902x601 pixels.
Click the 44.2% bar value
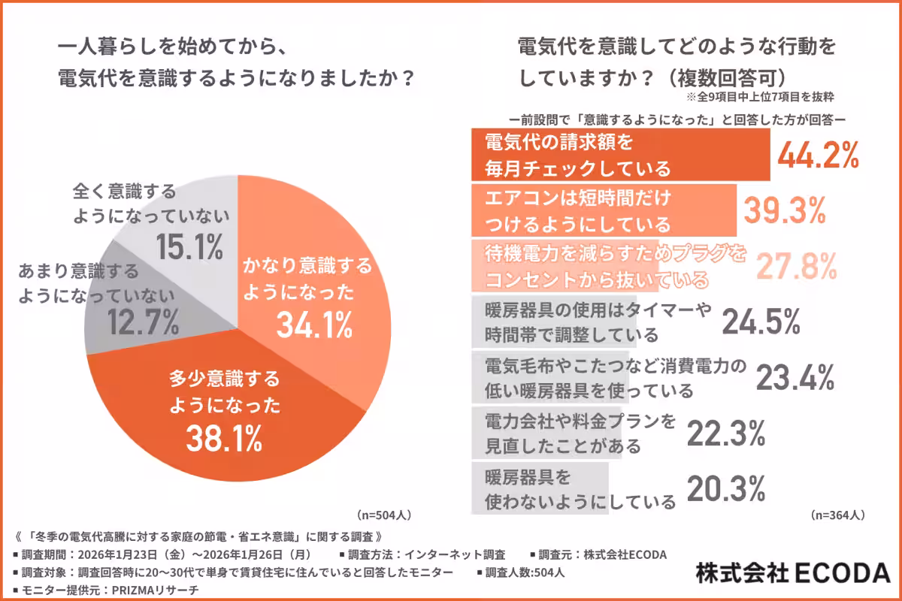[818, 156]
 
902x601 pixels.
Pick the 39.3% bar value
[784, 213]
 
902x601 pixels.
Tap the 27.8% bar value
[796, 266]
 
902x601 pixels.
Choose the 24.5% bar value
[760, 322]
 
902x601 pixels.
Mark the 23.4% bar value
[795, 378]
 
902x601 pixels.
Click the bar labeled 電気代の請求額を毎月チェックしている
[620, 155]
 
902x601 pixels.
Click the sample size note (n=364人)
[837, 515]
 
